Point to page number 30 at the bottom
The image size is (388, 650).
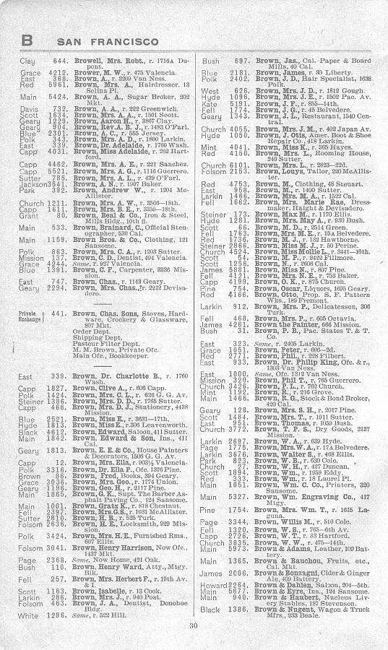[x=193, y=625]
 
